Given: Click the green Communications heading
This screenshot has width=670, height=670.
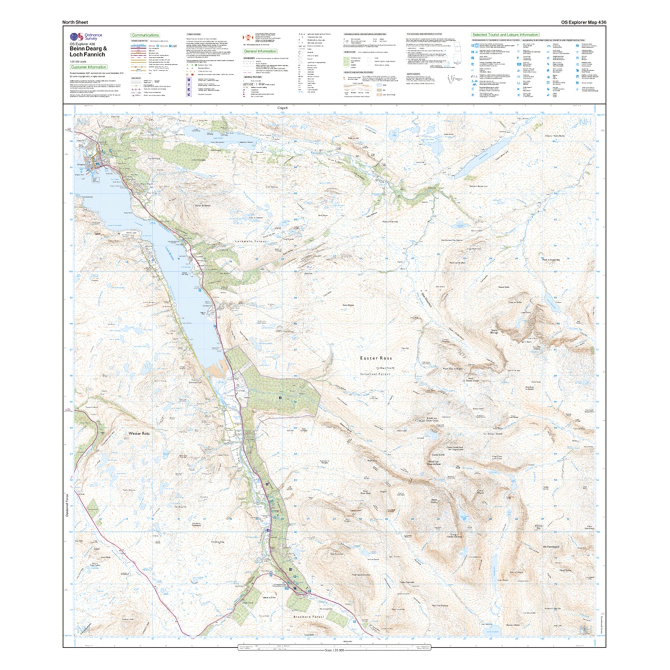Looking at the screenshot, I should click(145, 35).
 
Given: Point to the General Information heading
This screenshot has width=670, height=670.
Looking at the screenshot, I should click(255, 51).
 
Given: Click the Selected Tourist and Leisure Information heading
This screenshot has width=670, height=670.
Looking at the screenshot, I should click(505, 35).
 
